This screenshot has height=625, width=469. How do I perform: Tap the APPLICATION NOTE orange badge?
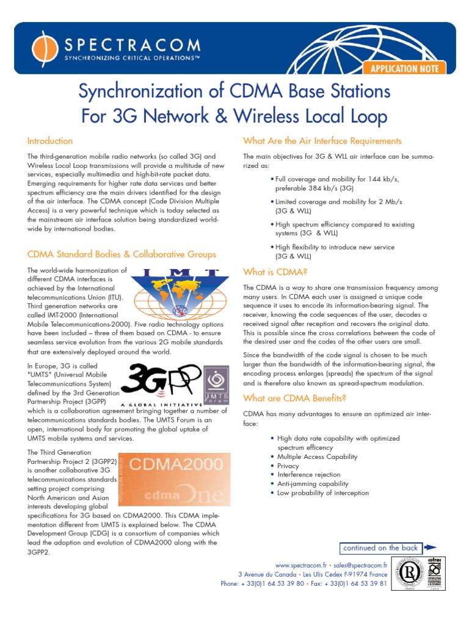pos(401,68)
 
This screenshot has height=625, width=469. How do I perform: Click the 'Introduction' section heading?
pos(50,141)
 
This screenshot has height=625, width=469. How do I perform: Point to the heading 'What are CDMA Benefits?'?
pos(294,399)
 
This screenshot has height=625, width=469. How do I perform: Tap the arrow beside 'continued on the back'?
pos(430,548)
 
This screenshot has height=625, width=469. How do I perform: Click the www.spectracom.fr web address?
pos(301,565)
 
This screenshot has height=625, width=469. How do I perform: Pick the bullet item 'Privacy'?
pos(289,466)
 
